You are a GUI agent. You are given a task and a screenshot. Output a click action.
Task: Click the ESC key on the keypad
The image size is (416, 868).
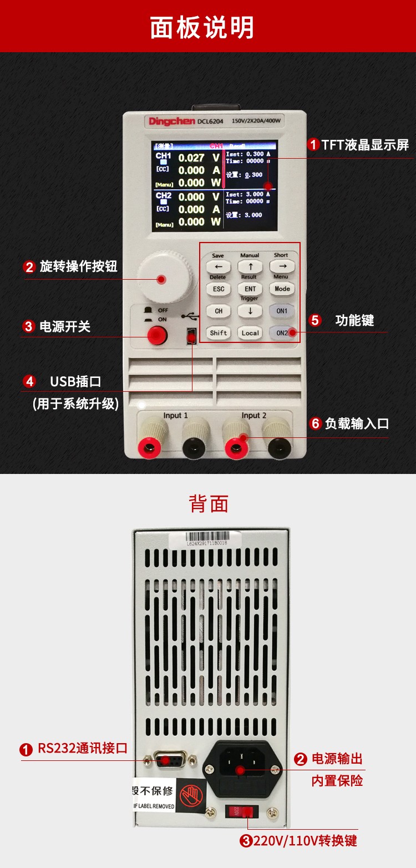click(x=219, y=289)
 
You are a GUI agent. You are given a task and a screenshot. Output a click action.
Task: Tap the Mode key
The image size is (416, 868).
click(x=282, y=289)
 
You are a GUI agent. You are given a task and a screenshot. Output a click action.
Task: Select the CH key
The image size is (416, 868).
click(x=219, y=311)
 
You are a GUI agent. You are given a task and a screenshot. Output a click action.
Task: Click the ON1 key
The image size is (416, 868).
click(x=282, y=311)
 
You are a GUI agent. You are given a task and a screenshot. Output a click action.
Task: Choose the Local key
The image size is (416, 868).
click(x=250, y=333)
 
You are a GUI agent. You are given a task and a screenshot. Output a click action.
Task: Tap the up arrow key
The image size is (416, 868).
click(x=250, y=267)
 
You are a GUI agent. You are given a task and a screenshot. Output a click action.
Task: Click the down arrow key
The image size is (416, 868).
click(x=250, y=311)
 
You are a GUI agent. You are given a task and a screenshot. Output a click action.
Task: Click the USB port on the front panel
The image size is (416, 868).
click(x=191, y=336)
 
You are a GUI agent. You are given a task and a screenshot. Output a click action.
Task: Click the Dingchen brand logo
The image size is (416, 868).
click(x=172, y=121)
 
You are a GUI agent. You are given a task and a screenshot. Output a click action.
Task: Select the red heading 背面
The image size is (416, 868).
click(x=209, y=503)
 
